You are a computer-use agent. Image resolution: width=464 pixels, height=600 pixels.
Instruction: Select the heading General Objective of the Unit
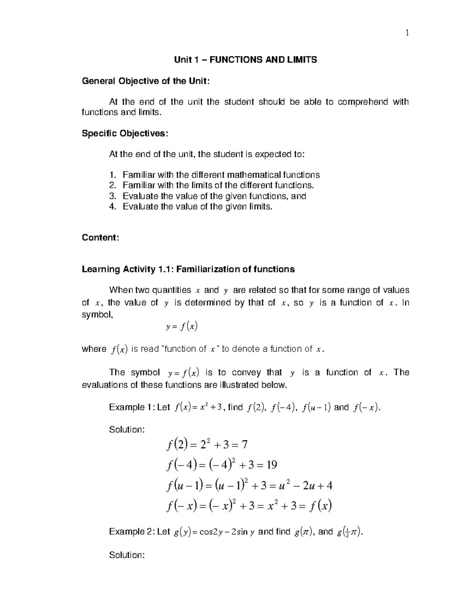pos(146,81)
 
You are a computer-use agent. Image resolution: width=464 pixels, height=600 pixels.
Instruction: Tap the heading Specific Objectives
pos(125,133)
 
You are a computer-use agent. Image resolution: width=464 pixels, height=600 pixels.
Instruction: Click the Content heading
pos(100,238)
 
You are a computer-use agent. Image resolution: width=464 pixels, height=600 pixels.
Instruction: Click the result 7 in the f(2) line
pos(244,445)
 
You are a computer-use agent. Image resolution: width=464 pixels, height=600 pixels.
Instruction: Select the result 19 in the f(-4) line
pos(271,465)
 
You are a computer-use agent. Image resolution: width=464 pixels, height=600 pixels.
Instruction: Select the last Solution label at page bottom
pos(127,555)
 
